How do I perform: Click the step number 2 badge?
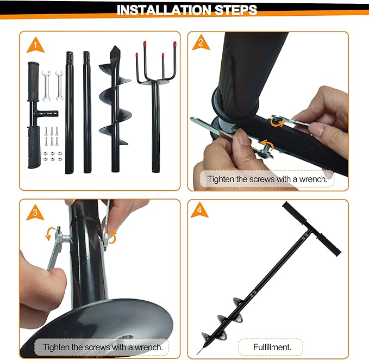point(201,45)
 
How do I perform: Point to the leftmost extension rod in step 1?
point(69,111)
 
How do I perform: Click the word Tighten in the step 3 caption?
point(57,346)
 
